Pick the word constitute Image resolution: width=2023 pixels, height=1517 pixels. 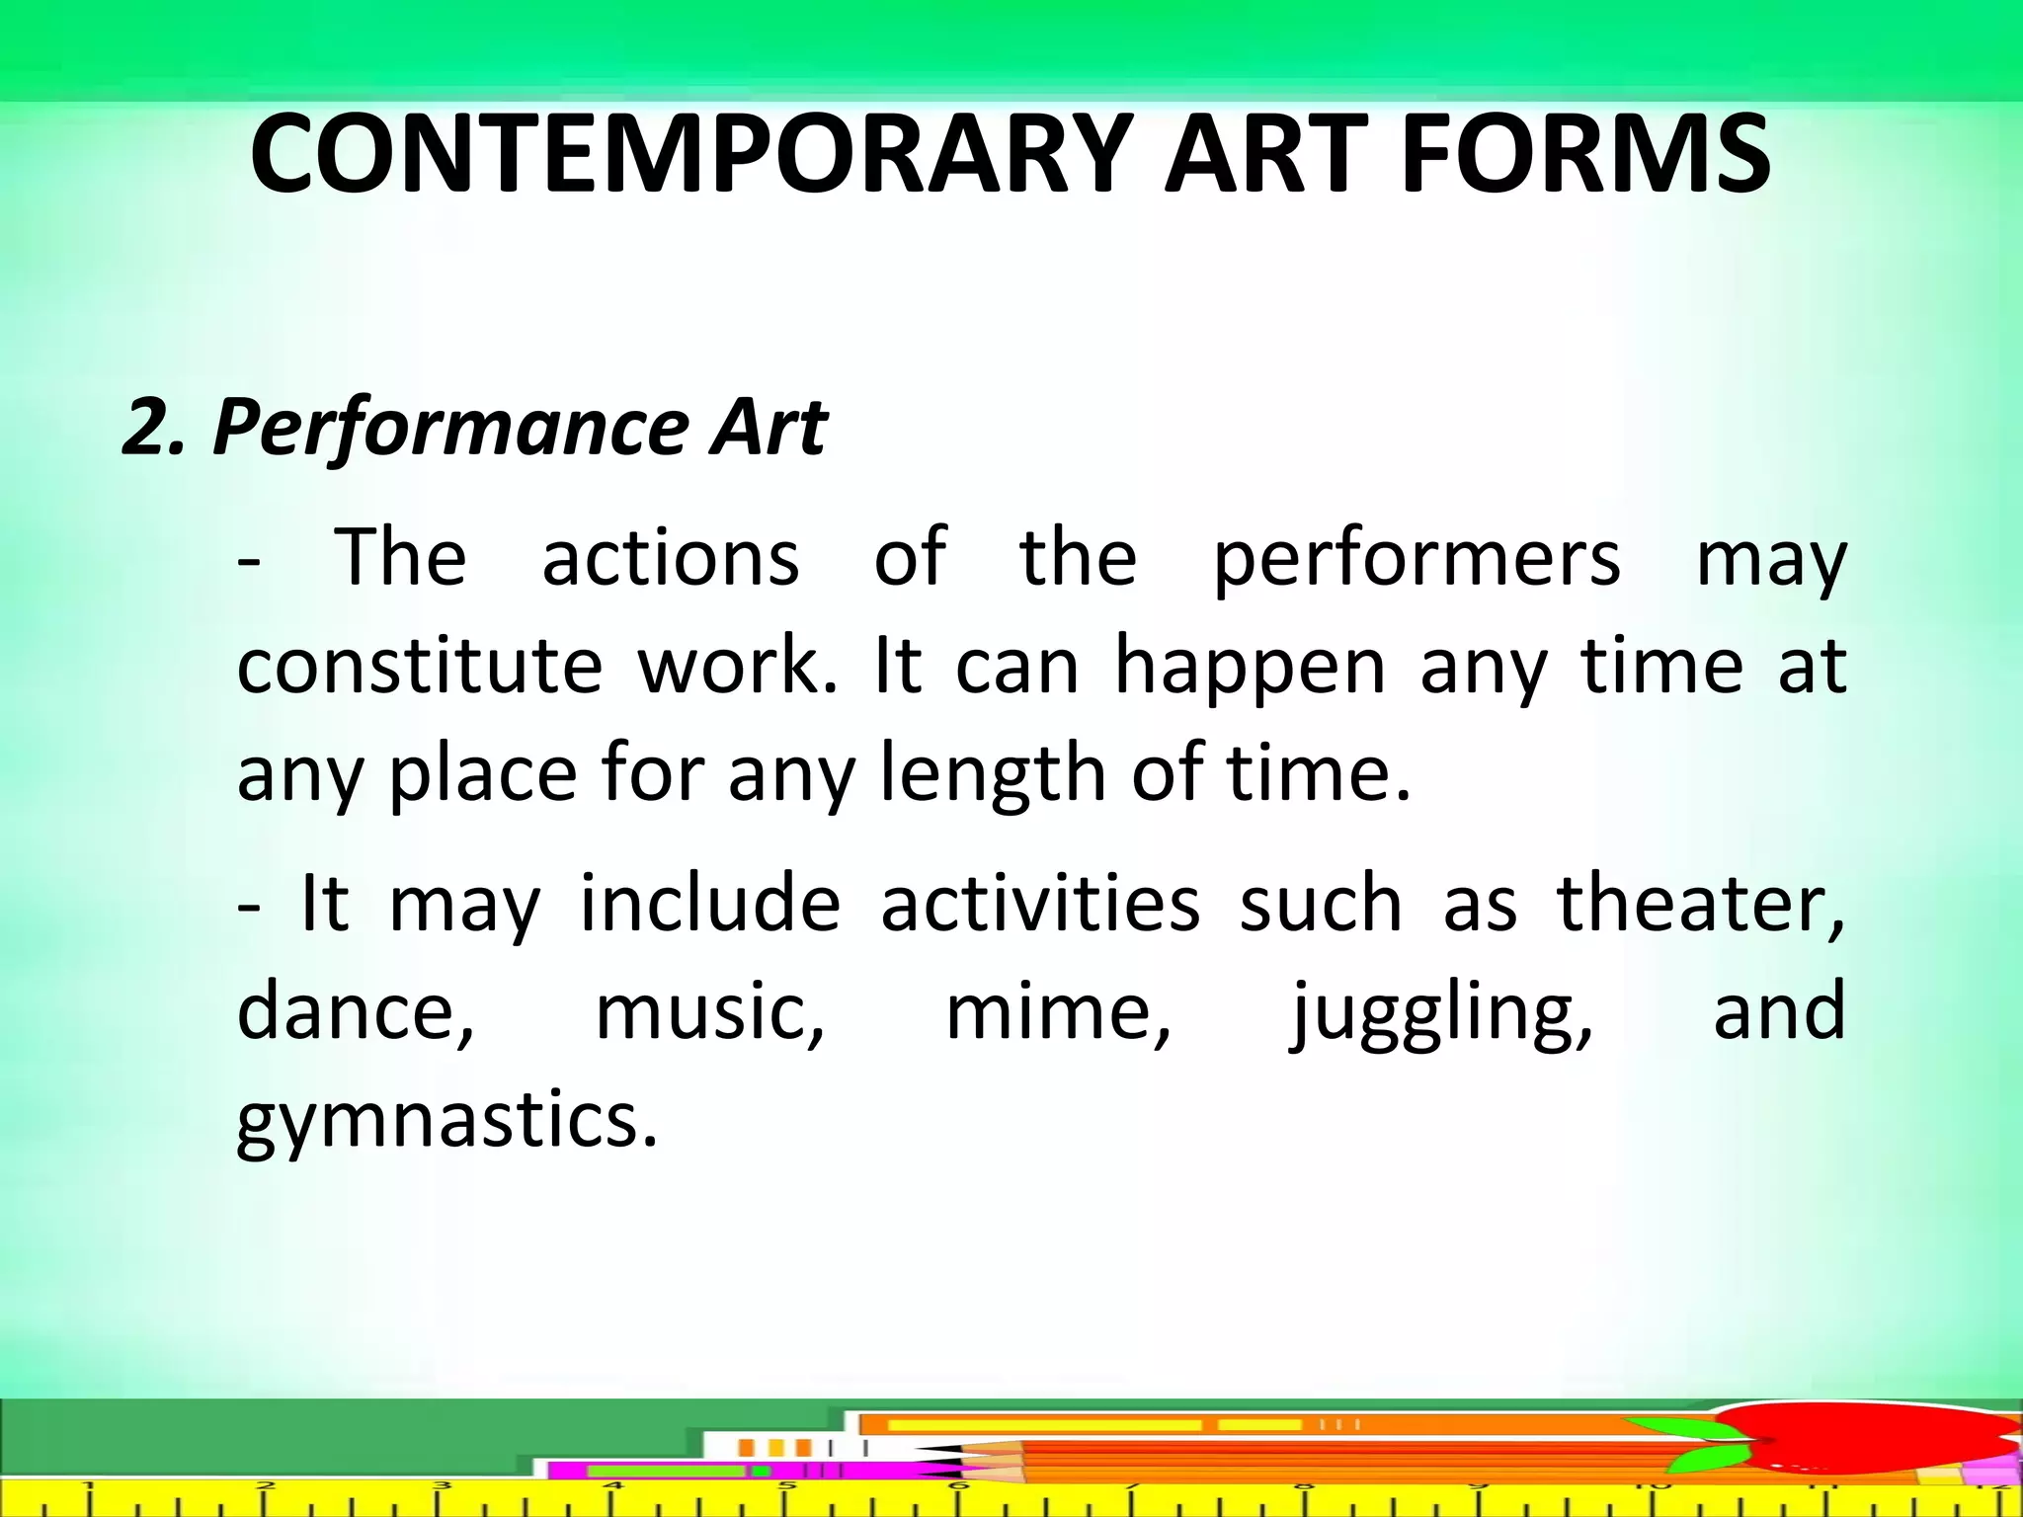point(420,666)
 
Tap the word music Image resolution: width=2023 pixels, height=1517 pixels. point(709,1011)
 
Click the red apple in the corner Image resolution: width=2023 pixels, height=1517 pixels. point(1877,1442)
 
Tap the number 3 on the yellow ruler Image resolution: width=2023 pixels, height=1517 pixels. point(442,1486)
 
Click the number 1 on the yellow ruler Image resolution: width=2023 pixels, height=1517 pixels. point(88,1486)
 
